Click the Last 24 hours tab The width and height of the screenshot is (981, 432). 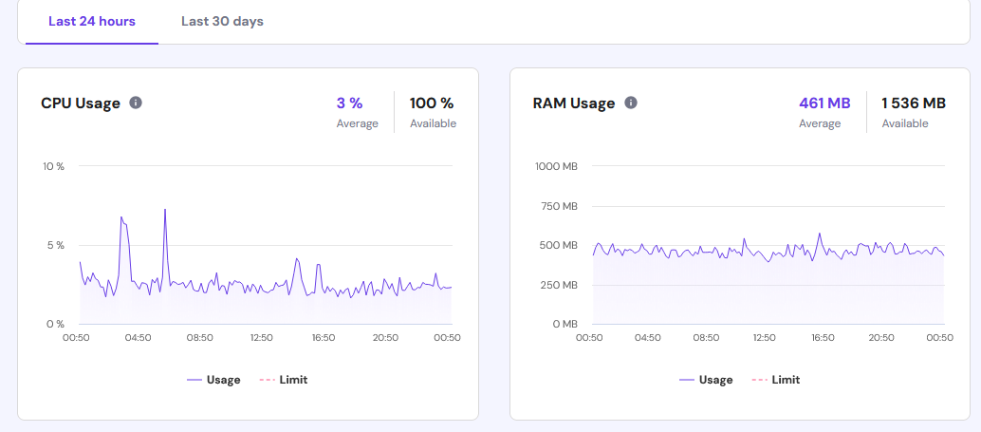pos(92,21)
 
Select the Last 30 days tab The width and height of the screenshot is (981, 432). pos(222,21)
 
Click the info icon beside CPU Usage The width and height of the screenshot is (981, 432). pos(136,103)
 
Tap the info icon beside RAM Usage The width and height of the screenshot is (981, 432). pos(631,103)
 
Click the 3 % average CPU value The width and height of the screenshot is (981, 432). pos(349,103)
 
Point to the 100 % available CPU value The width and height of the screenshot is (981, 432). pos(432,103)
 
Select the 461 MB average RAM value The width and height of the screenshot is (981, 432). pos(824,103)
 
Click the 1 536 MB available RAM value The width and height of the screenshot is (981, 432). pos(914,103)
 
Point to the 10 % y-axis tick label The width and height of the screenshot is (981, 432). pos(53,166)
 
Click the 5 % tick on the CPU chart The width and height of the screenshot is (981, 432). pos(56,245)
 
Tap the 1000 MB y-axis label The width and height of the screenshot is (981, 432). pos(556,166)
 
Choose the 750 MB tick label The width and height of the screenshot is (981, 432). pos(558,206)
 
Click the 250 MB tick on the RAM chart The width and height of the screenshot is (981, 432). pos(558,285)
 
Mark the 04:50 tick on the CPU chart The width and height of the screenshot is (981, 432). pos(138,337)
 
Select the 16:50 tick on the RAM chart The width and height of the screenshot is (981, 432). pos(823,337)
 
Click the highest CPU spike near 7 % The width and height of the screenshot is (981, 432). pos(165,210)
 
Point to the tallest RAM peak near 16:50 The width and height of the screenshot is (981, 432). pos(820,234)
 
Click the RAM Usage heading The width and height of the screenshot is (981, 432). pos(574,103)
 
